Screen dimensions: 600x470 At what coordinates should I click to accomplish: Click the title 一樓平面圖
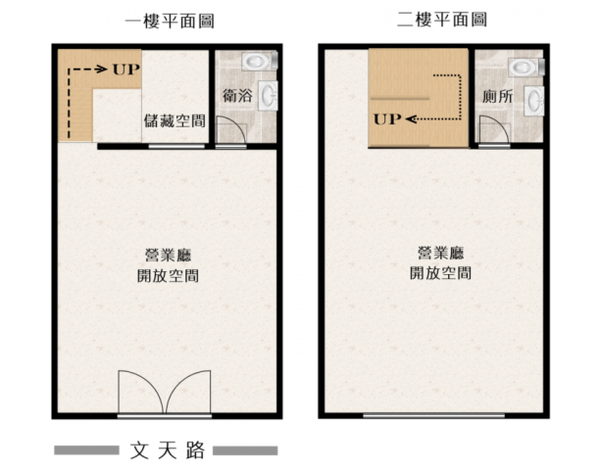[170, 21]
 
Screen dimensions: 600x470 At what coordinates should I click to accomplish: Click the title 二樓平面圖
[442, 20]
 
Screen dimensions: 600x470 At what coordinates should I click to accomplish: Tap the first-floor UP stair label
[126, 70]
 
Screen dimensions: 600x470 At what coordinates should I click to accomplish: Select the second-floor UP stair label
[387, 119]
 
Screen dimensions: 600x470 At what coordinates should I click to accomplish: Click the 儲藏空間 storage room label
[175, 120]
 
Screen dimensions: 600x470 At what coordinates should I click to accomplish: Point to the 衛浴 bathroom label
[237, 96]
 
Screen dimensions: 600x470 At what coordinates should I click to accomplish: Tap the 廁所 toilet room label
[497, 97]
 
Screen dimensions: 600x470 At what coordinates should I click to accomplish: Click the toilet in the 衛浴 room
[260, 61]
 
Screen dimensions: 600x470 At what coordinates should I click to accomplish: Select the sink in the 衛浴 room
[269, 96]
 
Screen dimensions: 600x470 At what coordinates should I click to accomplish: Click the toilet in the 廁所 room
[525, 67]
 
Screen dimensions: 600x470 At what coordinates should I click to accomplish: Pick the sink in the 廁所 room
[533, 101]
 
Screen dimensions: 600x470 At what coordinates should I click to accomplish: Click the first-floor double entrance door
[165, 392]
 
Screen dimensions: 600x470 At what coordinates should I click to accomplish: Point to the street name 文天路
[168, 450]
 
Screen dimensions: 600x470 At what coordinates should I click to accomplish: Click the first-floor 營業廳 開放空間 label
[168, 265]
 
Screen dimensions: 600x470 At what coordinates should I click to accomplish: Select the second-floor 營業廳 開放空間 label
[440, 263]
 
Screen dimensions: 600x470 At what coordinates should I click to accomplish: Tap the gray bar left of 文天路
[86, 450]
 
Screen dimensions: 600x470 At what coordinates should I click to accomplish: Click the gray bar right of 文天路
[245, 450]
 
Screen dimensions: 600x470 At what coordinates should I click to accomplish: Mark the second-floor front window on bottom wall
[433, 416]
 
